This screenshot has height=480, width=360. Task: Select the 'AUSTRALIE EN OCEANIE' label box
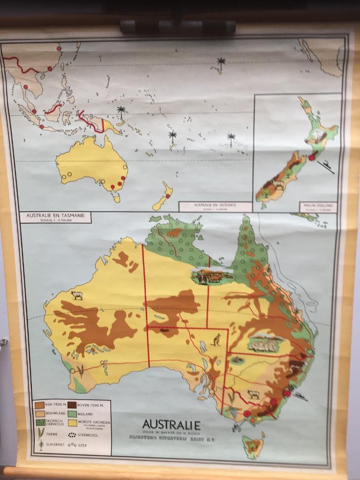pos(215,205)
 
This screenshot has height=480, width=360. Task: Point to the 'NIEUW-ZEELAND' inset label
pos(318,205)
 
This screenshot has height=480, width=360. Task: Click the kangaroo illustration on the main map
pos(216,339)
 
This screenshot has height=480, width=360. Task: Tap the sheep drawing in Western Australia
pos(76,295)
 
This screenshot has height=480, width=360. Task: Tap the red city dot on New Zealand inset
pos(312,158)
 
